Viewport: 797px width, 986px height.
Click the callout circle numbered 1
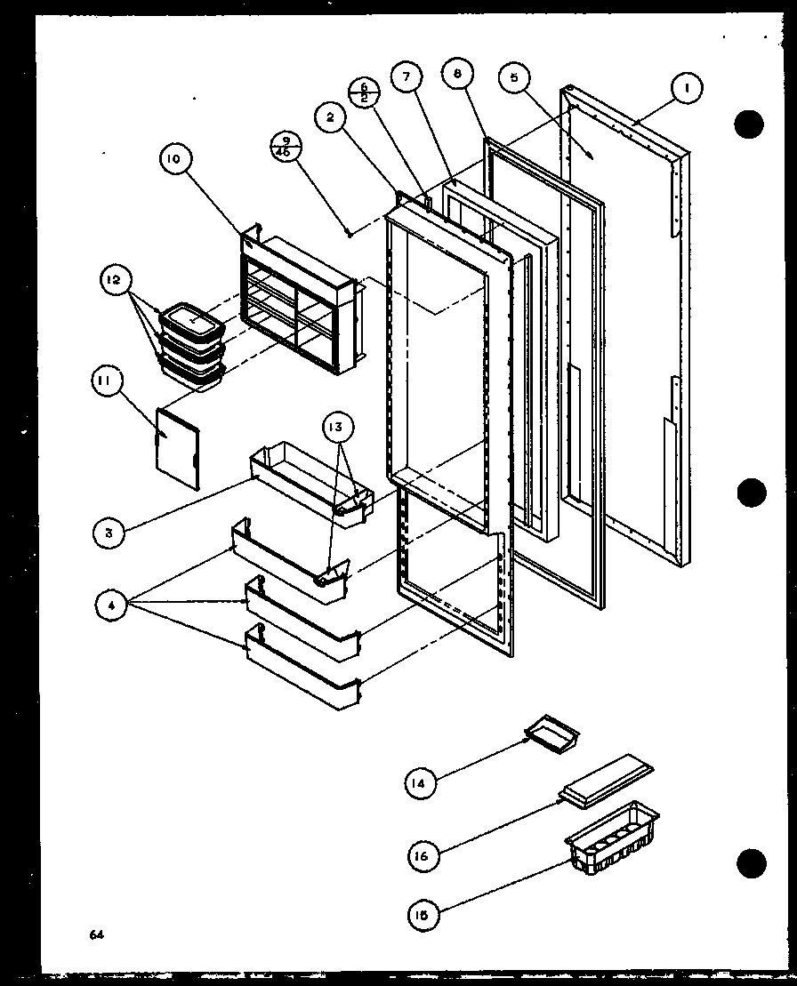[x=687, y=88]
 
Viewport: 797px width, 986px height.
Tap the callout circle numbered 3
[x=109, y=533]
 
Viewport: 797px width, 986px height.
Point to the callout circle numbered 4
[x=112, y=606]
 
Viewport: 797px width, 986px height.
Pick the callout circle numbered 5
[x=513, y=76]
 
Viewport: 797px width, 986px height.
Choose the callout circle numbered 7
[x=406, y=76]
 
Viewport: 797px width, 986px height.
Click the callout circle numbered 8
[x=456, y=75]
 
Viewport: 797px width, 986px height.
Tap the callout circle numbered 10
[x=174, y=159]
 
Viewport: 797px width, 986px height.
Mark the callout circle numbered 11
[x=105, y=383]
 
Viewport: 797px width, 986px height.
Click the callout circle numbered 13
[x=342, y=427]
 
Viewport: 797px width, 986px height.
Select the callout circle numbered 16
[x=422, y=855]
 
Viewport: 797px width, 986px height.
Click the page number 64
[x=96, y=934]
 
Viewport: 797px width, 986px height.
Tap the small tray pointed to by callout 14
[x=552, y=733]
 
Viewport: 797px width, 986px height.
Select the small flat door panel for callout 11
[x=178, y=448]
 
